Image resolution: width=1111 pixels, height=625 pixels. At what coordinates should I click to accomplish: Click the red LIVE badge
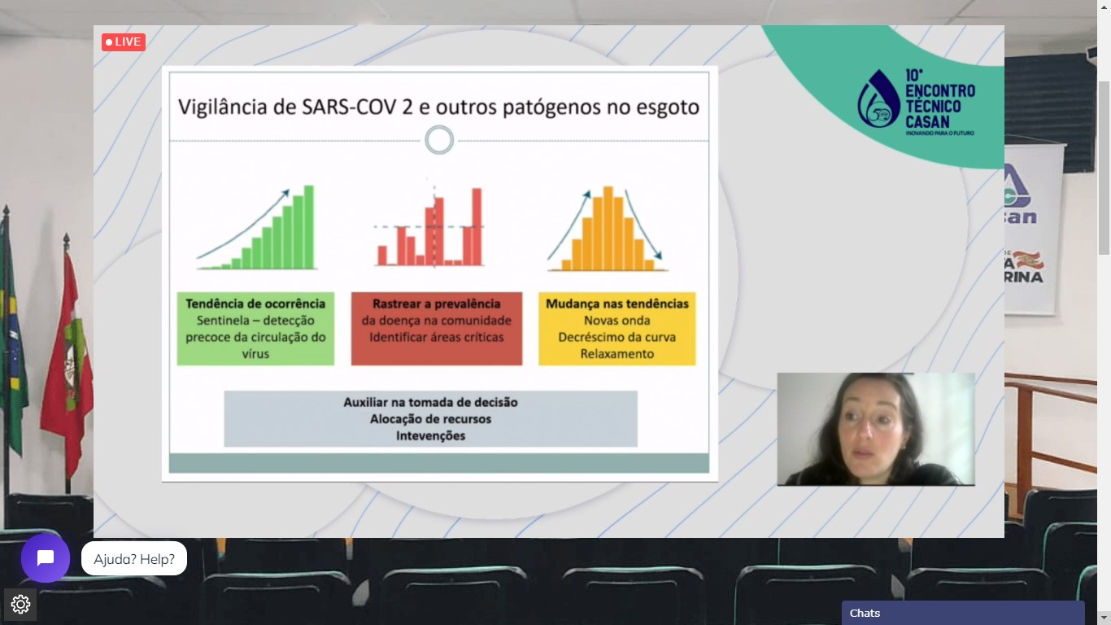tap(124, 42)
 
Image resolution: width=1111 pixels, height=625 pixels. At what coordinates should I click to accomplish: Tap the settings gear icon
tap(20, 604)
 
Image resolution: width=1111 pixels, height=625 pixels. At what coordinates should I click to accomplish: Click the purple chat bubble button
tap(45, 558)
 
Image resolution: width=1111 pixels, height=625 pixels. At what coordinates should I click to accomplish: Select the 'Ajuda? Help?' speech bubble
tap(134, 559)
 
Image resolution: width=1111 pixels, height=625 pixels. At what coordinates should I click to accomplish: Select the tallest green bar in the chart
tap(308, 227)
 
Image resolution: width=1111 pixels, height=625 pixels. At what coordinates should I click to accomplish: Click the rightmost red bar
tap(477, 226)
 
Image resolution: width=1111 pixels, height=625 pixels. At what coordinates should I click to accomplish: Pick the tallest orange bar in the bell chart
tap(608, 229)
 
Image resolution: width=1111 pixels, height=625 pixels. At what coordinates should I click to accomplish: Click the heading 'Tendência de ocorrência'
tap(255, 304)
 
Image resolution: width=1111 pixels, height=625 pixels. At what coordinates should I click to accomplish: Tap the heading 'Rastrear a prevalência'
tap(437, 304)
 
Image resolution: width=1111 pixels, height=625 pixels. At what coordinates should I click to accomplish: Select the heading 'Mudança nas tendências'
tap(617, 304)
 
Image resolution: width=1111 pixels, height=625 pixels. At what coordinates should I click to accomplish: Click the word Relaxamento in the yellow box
tap(617, 354)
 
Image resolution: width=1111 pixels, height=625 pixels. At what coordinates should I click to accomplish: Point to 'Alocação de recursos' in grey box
tap(430, 419)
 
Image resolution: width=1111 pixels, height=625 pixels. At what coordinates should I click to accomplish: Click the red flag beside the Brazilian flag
tap(68, 362)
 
